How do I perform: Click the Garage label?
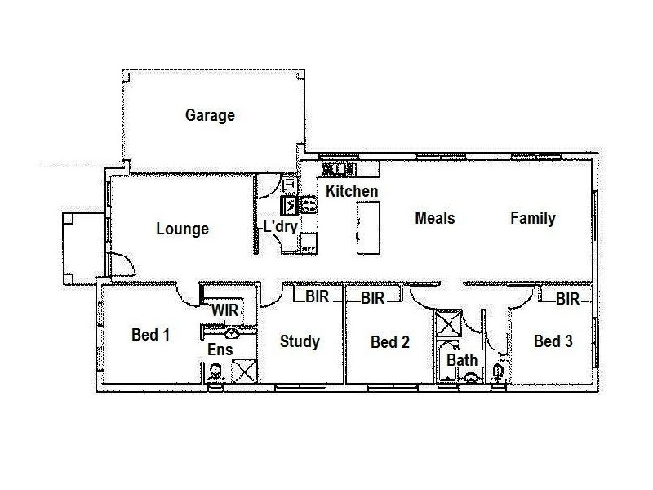[210, 115]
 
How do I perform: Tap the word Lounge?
[182, 229]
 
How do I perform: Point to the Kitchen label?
[352, 191]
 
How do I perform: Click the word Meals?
[434, 218]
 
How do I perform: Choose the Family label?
[533, 218]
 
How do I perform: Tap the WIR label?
[224, 311]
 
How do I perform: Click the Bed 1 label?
[150, 335]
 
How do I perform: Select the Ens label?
[220, 350]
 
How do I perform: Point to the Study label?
[300, 341]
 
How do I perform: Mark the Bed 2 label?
[389, 342]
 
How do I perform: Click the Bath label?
[462, 359]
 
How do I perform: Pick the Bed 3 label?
[553, 341]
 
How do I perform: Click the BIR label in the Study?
[318, 297]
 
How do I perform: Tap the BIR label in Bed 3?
[567, 300]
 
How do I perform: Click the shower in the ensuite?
[243, 370]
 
